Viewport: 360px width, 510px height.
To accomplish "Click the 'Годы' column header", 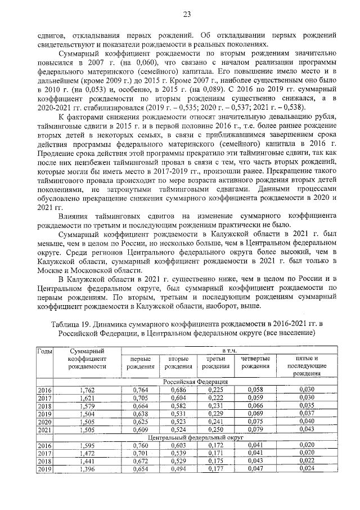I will (x=44, y=351).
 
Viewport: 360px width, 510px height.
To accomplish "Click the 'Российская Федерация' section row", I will (x=195, y=381).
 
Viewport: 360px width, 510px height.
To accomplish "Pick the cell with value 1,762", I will (x=88, y=389).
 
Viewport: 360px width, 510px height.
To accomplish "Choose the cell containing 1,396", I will (x=88, y=468).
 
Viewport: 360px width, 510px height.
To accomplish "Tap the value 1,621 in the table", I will (x=88, y=397).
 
